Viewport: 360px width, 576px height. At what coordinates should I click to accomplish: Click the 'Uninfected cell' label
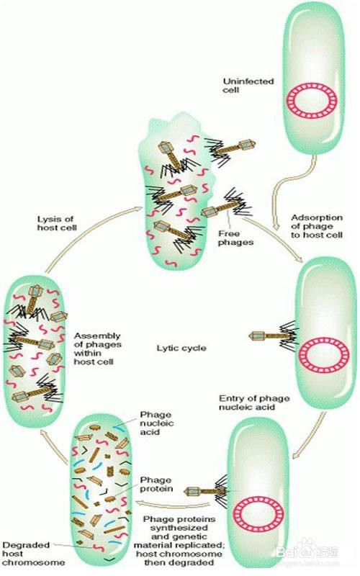(x=248, y=85)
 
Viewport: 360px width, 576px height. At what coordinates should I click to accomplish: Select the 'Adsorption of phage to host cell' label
(x=317, y=226)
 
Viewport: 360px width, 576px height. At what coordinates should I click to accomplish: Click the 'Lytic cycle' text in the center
(x=181, y=348)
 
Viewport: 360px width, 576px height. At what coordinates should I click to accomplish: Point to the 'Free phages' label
(x=236, y=238)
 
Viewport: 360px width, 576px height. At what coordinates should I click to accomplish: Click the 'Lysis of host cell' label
(x=57, y=223)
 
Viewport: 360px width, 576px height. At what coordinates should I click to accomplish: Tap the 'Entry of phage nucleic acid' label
(x=254, y=402)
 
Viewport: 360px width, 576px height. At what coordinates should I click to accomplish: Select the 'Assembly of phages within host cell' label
(x=97, y=348)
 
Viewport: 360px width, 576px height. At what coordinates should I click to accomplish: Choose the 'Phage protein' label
(x=156, y=484)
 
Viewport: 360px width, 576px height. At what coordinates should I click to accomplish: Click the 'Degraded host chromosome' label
(x=33, y=554)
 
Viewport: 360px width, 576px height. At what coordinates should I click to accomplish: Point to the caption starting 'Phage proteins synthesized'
(x=179, y=541)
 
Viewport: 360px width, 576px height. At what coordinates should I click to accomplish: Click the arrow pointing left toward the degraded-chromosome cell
(x=173, y=505)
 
